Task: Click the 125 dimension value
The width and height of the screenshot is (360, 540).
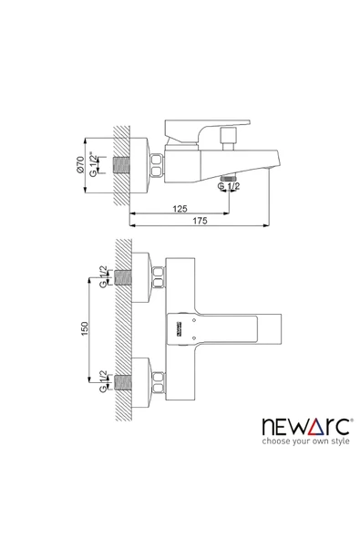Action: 180,209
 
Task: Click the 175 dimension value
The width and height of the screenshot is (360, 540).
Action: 200,221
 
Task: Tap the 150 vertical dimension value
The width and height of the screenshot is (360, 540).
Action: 85,328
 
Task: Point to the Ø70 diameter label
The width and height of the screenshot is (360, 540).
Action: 80,164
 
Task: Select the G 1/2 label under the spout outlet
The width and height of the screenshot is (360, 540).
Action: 229,186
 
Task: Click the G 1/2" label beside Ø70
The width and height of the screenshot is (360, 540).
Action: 93,164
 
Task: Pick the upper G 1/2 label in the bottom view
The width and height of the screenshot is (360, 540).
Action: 103,276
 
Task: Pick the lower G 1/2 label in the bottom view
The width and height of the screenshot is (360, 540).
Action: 103,381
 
